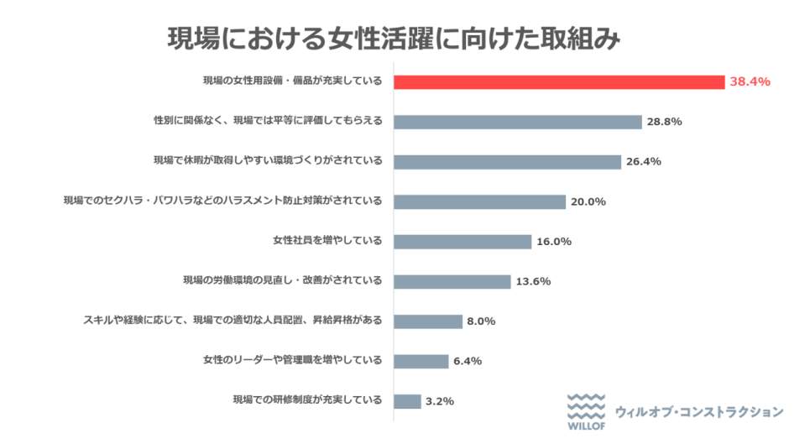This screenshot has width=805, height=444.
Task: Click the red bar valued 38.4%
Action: pyautogui.click(x=558, y=81)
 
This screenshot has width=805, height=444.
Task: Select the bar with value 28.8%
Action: pyautogui.click(x=517, y=122)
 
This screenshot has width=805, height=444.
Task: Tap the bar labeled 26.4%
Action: pyautogui.click(x=507, y=162)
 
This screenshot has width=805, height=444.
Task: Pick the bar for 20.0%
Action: pyautogui.click(x=479, y=201)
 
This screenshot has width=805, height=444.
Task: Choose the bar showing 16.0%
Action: pyautogui.click(x=463, y=242)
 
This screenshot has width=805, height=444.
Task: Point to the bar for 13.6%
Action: pyautogui.click(x=452, y=281)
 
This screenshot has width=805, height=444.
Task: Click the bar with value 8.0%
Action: pyautogui.click(x=428, y=321)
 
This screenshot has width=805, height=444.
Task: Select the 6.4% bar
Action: pyautogui.click(x=421, y=361)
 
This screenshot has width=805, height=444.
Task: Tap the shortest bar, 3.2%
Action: pyautogui.click(x=407, y=401)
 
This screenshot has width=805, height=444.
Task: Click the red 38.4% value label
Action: pyautogui.click(x=750, y=81)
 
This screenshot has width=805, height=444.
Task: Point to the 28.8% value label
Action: pyautogui.click(x=664, y=122)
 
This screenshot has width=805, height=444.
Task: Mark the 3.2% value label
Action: pyautogui.click(x=440, y=401)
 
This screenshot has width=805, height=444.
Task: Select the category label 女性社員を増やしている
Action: pyautogui.click(x=327, y=242)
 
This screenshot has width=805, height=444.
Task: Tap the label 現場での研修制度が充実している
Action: pyautogui.click(x=307, y=401)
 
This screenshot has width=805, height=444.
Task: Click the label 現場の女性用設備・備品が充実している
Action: pyautogui.click(x=292, y=81)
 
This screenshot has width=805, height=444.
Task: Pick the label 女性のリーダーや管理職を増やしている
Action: pyautogui.click(x=292, y=361)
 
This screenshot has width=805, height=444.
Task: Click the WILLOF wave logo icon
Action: pyautogui.click(x=585, y=408)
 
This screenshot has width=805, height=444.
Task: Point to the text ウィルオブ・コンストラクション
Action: pyautogui.click(x=699, y=412)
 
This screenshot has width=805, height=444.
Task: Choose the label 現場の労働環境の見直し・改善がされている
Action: pyautogui.click(x=282, y=281)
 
